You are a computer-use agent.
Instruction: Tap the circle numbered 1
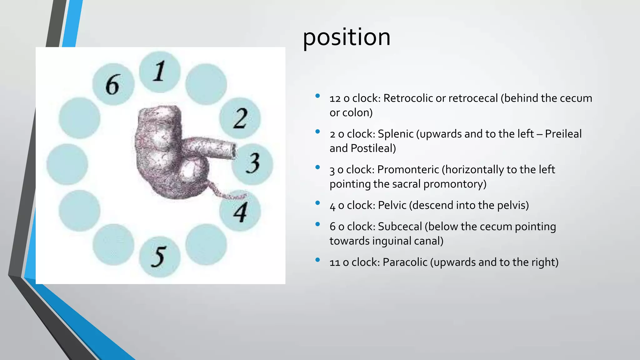click(x=160, y=72)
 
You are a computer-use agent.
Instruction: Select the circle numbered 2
click(x=240, y=118)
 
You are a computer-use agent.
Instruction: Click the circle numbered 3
click(x=252, y=164)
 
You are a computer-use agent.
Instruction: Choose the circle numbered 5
click(x=160, y=257)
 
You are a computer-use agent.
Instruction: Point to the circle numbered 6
click(x=113, y=84)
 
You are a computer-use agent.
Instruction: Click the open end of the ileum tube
click(x=233, y=151)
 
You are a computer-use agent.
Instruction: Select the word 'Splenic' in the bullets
click(x=396, y=134)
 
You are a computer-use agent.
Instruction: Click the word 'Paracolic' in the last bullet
click(x=405, y=262)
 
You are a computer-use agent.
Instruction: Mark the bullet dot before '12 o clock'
click(x=317, y=96)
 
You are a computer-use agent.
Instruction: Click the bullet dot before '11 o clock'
click(x=317, y=260)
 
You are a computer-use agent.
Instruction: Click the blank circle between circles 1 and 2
click(x=206, y=84)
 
